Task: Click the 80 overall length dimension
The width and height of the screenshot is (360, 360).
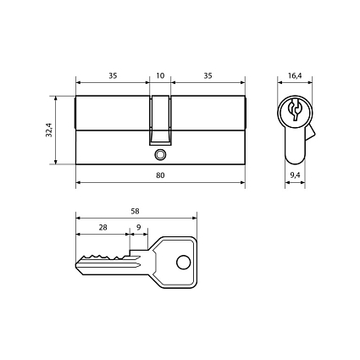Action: click(160, 175)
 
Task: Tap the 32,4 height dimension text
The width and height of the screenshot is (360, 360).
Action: click(49, 130)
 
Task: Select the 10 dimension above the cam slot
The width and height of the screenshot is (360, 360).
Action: click(160, 75)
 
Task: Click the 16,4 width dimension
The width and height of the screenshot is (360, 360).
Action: click(295, 75)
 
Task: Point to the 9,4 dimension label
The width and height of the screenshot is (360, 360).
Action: click(295, 175)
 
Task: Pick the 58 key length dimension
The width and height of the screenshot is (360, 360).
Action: click(136, 211)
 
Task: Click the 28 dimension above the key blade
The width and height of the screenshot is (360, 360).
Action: click(102, 227)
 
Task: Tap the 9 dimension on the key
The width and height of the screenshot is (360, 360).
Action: click(138, 227)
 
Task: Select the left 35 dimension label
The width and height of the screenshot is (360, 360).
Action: click(113, 75)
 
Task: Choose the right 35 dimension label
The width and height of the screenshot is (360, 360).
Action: click(208, 75)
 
